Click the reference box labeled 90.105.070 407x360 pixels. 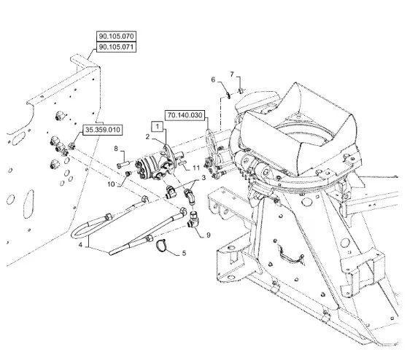[x=116, y=36]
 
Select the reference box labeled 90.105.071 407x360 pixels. [x=116, y=47]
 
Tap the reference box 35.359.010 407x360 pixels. [x=103, y=130]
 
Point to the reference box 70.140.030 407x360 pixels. [x=185, y=115]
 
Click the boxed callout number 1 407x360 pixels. [x=158, y=127]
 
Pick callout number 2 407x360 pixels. [x=147, y=136]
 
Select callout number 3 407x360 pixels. [x=204, y=178]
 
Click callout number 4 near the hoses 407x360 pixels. [x=80, y=245]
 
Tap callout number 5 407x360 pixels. [x=184, y=253]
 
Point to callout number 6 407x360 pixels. [x=213, y=79]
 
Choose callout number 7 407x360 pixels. [x=232, y=74]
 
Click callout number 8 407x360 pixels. [x=116, y=149]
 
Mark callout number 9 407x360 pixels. [x=208, y=235]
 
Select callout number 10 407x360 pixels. [x=111, y=184]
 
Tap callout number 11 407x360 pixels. [x=196, y=168]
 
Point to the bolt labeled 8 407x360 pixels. [x=123, y=165]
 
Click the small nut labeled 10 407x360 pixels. [x=128, y=173]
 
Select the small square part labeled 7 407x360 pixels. [x=241, y=90]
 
